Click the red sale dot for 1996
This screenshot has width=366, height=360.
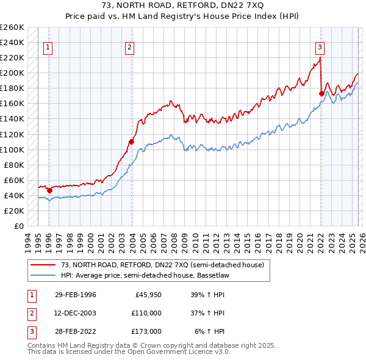[x=50, y=190]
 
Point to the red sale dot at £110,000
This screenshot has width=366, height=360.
[x=131, y=142]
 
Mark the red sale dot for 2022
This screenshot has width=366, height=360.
[x=321, y=93]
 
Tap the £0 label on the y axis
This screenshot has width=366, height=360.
[x=18, y=226]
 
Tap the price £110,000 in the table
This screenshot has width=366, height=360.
[x=146, y=313]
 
